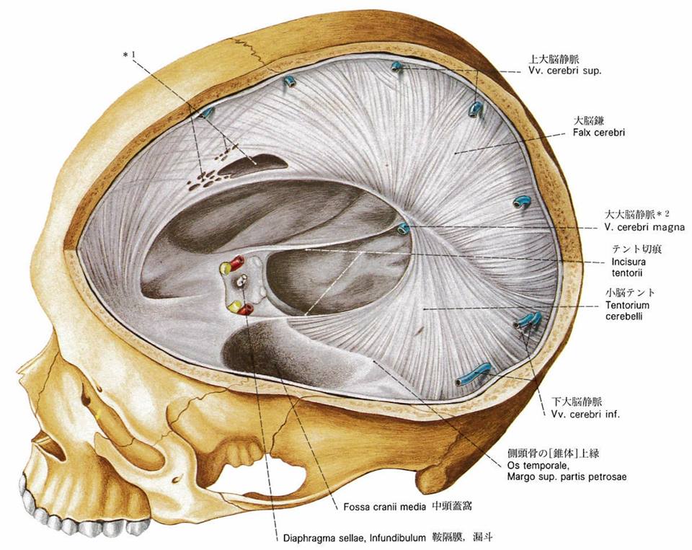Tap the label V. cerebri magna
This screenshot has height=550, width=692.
[x=644, y=227]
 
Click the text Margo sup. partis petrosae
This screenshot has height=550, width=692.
[x=567, y=476]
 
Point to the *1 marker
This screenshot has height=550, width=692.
[x=130, y=55]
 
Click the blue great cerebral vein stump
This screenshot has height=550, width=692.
[x=403, y=229]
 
